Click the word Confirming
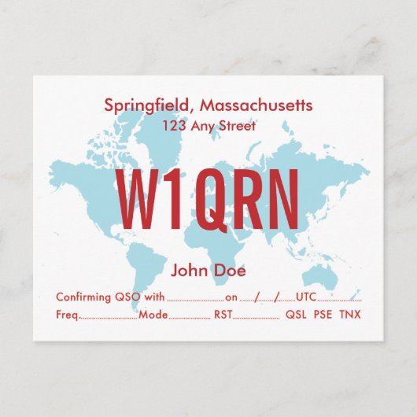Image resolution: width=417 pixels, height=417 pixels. coord(85,297)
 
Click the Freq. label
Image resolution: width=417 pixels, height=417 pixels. coord(68,315)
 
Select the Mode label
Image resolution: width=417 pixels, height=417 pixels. coord(153,315)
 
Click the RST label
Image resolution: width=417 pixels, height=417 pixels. coord(223,315)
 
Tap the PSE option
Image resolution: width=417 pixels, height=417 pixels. coord(323,315)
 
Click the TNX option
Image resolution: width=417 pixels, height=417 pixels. coord(351,315)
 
